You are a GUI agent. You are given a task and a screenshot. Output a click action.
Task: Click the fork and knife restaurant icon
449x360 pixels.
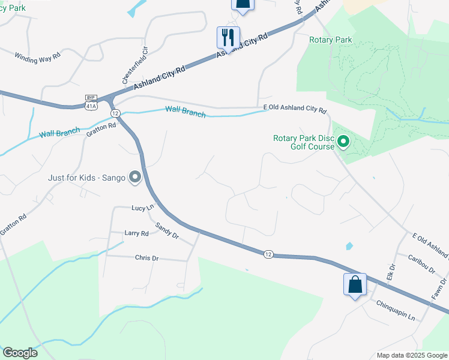coord(228,37)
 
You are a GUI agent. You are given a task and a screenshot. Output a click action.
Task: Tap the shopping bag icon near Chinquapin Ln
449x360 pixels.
coord(355,284)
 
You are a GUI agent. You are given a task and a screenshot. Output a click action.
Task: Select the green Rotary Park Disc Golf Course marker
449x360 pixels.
coord(343,142)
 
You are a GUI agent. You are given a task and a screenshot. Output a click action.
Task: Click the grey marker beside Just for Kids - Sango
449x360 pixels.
coord(135,177)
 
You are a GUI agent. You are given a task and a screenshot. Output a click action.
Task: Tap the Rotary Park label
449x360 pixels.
coord(330,40)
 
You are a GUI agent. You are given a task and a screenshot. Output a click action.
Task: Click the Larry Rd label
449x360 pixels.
coord(136,233)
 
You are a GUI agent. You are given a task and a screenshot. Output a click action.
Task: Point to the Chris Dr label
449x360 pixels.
coord(146,257)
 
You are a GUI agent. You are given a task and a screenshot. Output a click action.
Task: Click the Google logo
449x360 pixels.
coord(20,353)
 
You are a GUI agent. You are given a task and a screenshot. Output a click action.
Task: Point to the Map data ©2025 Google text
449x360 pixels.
coord(412,355)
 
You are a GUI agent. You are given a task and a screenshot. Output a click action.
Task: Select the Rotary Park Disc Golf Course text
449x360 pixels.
coord(304,142)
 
